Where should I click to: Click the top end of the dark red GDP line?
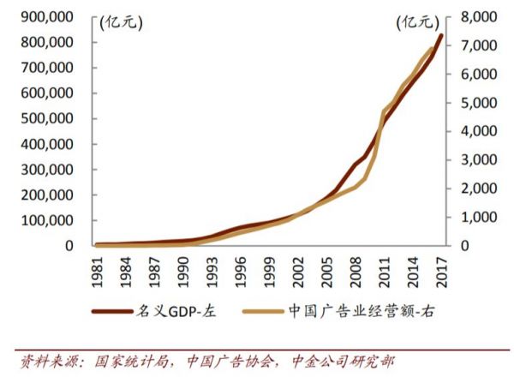click(441, 35)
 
